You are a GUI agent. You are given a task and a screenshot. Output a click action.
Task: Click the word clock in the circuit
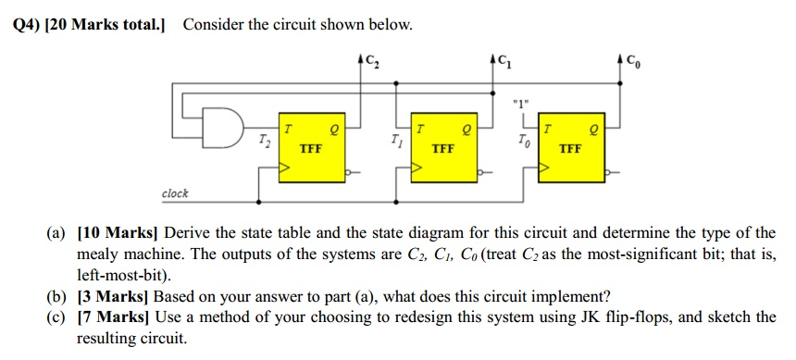coord(175,193)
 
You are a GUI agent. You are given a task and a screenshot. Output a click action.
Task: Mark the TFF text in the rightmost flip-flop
coord(572,148)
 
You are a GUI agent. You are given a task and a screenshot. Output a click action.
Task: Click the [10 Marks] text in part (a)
coord(116,232)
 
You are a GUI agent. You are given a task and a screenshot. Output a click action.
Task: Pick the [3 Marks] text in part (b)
coord(112,296)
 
